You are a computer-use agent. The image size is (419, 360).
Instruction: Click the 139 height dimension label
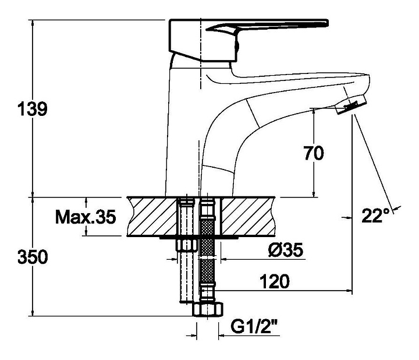tap(33, 109)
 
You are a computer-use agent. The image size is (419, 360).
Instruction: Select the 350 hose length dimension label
tap(33, 257)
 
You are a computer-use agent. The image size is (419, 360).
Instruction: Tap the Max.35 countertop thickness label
tap(86, 217)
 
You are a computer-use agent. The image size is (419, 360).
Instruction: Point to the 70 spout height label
tap(314, 153)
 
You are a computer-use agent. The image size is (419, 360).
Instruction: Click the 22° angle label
tap(375, 216)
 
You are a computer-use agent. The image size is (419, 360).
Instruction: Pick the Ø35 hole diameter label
tap(286, 250)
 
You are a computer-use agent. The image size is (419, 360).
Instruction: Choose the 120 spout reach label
tap(275, 281)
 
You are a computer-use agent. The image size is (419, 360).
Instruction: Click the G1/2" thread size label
tap(254, 327)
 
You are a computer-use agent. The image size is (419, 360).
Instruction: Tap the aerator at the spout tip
tap(350, 105)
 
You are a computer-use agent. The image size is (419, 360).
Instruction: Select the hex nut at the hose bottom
tap(208, 309)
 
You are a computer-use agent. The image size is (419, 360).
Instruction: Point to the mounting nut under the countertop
tap(187, 245)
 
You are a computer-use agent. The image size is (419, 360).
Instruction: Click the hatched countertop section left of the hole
tap(152, 217)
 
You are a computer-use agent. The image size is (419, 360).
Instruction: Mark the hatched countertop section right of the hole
tap(248, 217)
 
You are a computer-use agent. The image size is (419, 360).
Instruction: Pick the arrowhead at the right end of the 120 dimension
tap(349, 290)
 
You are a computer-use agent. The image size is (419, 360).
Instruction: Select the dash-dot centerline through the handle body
tap(200, 54)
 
